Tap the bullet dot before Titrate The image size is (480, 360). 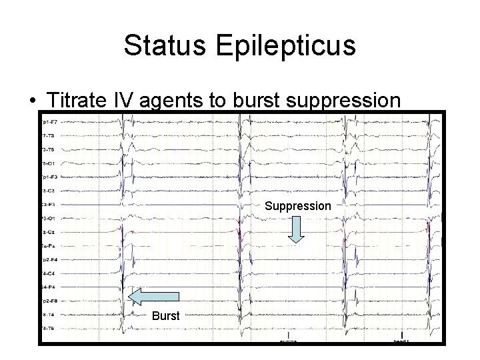[32, 101]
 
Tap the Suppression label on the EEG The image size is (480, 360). [297, 206]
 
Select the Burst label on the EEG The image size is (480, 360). [165, 315]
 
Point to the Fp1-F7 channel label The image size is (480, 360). [49, 122]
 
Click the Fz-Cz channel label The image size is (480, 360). [49, 232]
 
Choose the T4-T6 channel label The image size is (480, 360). [49, 329]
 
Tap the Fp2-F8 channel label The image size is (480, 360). [49, 301]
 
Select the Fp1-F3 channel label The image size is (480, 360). [49, 177]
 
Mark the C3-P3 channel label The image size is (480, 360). [49, 204]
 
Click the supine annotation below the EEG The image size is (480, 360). [289, 340]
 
